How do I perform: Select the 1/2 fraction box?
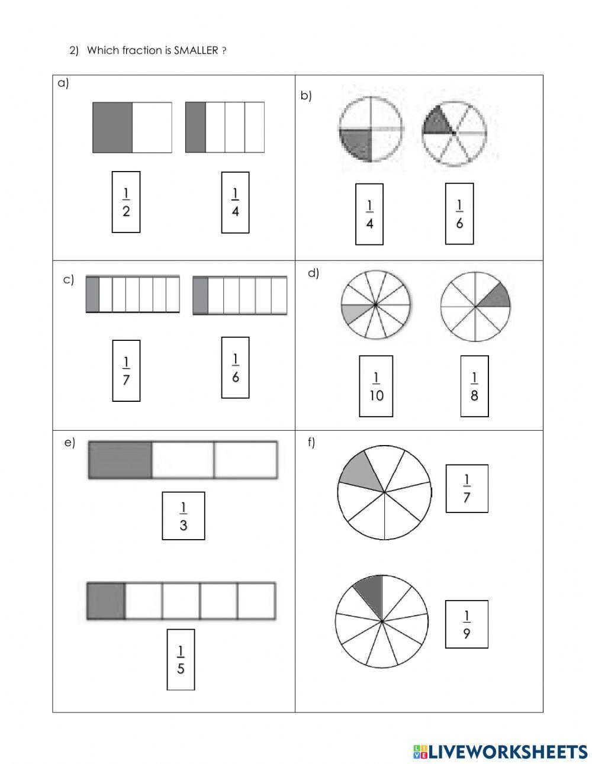(126, 202)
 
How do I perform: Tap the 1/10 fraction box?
(377, 386)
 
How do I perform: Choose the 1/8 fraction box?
(474, 386)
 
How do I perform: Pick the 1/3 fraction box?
(184, 515)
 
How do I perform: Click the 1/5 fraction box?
(181, 659)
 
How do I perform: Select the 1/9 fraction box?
(466, 624)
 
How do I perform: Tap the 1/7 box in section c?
(126, 370)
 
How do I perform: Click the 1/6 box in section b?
(459, 214)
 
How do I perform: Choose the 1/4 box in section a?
(235, 202)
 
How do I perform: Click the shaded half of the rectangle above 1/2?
(112, 127)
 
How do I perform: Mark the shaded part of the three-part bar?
(120, 459)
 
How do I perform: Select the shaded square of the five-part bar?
(106, 601)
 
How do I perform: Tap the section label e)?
(70, 443)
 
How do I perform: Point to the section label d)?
(313, 273)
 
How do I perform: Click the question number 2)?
(74, 51)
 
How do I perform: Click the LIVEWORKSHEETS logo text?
(508, 751)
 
